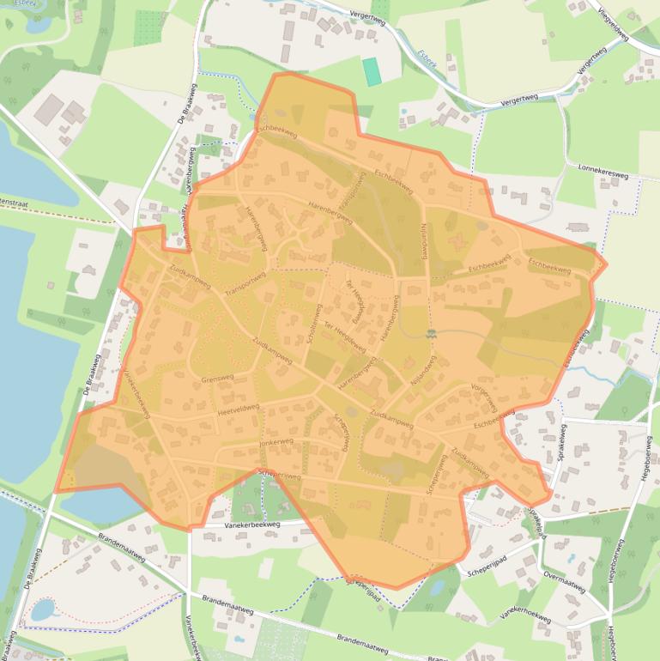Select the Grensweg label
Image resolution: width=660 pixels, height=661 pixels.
tap(217, 378)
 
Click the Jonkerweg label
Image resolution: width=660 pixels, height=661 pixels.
tap(276, 443)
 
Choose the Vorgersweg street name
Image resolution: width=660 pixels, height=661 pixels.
tap(484, 394)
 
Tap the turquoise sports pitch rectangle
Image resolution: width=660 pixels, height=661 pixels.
tap(372, 71)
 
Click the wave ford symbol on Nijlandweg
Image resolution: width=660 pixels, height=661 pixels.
tap(431, 333)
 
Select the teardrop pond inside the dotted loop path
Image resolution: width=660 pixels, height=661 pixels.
tap(43, 609)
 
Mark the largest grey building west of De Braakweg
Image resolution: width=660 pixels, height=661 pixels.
tap(50, 109)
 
